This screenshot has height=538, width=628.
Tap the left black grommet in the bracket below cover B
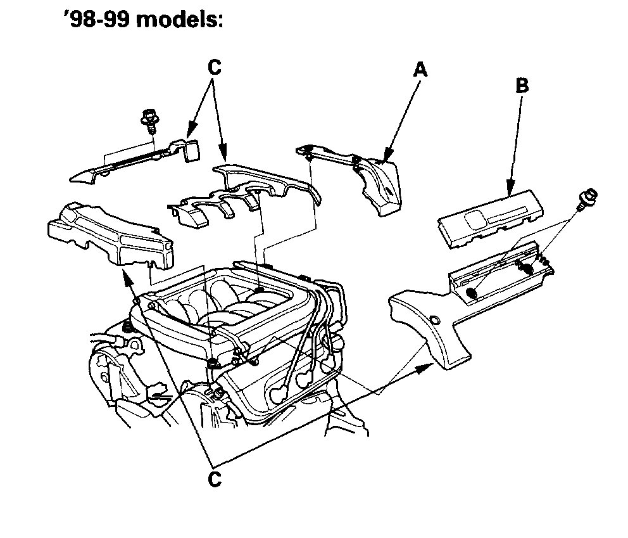pyautogui.click(x=471, y=293)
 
